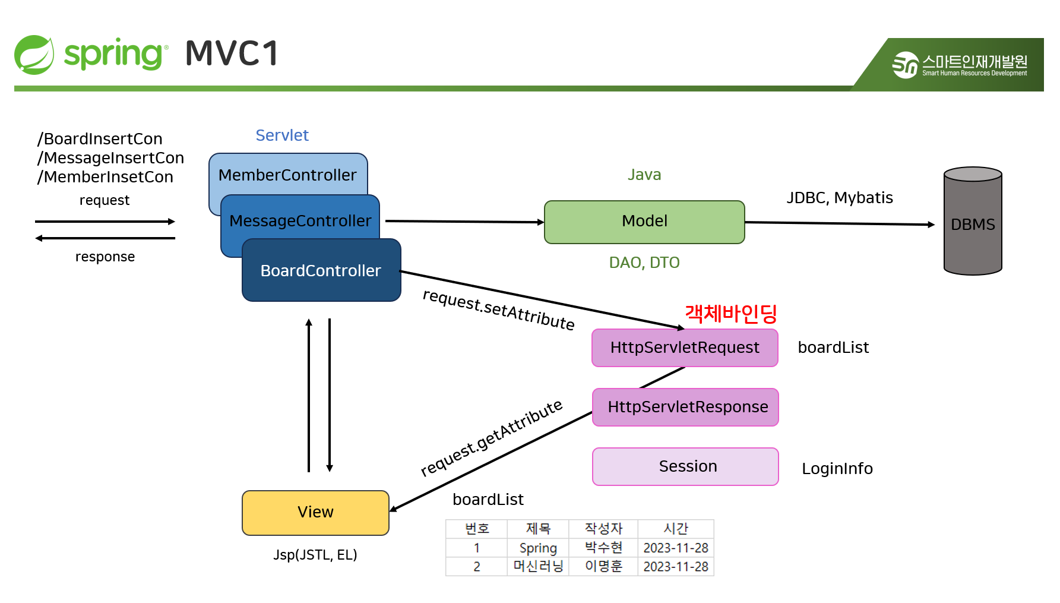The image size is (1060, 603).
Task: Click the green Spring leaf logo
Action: pyautogui.click(x=34, y=55)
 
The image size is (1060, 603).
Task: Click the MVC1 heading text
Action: pyautogui.click(x=232, y=54)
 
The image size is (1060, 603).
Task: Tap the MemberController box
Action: pyautogui.click(x=287, y=174)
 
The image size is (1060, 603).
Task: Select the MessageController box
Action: pyautogui.click(x=300, y=220)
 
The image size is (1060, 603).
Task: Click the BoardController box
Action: pyautogui.click(x=321, y=270)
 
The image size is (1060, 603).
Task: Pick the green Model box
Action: pyautogui.click(x=644, y=222)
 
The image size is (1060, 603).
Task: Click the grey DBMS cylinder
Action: pyautogui.click(x=972, y=224)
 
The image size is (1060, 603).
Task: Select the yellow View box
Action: pyautogui.click(x=315, y=512)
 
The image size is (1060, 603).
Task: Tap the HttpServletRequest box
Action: pyautogui.click(x=685, y=348)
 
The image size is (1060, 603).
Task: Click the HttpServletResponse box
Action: pyautogui.click(x=688, y=408)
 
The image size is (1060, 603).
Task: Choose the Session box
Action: pyautogui.click(x=688, y=467)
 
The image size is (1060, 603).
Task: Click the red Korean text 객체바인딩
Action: pyautogui.click(x=731, y=314)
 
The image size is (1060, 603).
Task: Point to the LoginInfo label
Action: pyautogui.click(x=837, y=469)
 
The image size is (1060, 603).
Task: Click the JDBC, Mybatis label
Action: pyautogui.click(x=839, y=198)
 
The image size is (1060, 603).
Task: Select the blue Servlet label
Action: pyautogui.click(x=282, y=135)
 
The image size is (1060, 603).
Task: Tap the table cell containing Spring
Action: pyautogui.click(x=538, y=548)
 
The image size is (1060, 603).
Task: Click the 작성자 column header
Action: pyautogui.click(x=603, y=528)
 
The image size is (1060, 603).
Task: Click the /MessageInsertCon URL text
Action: pyautogui.click(x=110, y=158)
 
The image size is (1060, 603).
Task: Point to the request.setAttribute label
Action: pyautogui.click(x=498, y=310)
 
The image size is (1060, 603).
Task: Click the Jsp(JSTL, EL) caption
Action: pyautogui.click(x=315, y=555)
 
